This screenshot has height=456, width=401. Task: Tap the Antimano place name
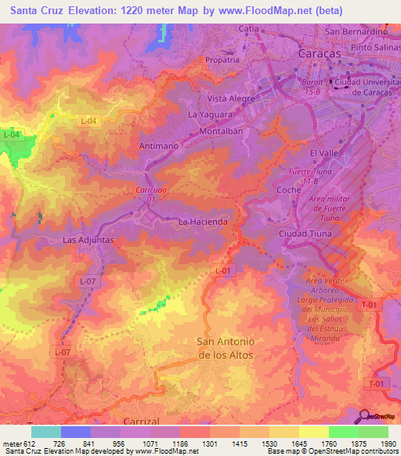pyautogui.click(x=159, y=146)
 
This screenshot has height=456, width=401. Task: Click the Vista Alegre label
pyautogui.click(x=231, y=99)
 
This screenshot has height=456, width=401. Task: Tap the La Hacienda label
pyautogui.click(x=203, y=222)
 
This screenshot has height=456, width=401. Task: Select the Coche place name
pyautogui.click(x=290, y=190)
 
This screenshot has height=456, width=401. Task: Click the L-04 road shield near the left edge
pyautogui.click(x=11, y=135)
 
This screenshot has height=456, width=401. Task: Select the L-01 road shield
pyautogui.click(x=223, y=270)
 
